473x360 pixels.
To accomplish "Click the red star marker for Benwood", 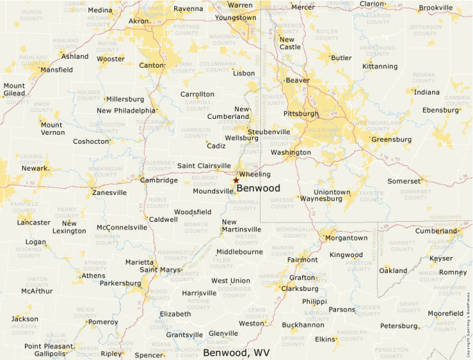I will [x=236, y=180].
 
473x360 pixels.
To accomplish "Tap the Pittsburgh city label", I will [x=301, y=113].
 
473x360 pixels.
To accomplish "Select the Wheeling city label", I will [x=254, y=174].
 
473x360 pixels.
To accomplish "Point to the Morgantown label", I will [x=346, y=238].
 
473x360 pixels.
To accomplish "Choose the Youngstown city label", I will [x=235, y=18].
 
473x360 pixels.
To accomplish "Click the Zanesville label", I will [x=109, y=193].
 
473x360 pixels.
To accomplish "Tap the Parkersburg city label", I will [x=120, y=283].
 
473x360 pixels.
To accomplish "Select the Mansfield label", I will [x=57, y=70].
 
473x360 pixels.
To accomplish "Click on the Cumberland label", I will [x=436, y=231].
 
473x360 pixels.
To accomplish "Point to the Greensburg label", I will [x=391, y=140].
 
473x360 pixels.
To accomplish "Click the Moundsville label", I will [x=214, y=191].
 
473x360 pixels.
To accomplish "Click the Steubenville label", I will [x=269, y=131].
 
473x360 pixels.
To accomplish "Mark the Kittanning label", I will [x=380, y=66].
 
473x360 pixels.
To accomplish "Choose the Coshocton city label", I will [x=91, y=142].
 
